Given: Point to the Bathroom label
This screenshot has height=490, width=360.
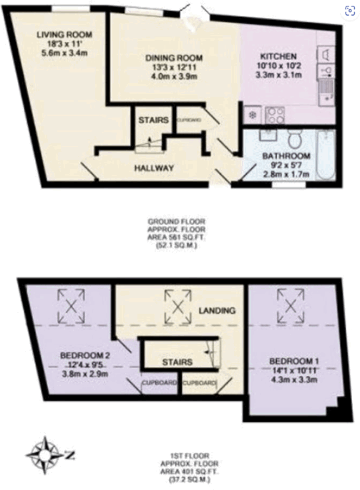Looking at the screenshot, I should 284,155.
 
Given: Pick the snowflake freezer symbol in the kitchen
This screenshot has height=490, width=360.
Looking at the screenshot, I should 251,114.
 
